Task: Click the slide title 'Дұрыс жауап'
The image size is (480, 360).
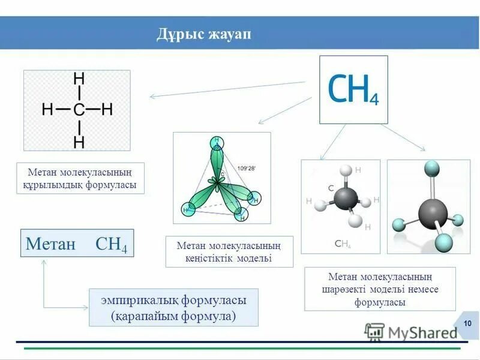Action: pos(203,33)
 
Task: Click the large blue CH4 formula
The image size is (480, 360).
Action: pos(353,89)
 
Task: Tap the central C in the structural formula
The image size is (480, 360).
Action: pos(79,110)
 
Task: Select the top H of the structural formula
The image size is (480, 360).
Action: pos(79,79)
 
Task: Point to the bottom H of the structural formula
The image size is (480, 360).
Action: pos(79,142)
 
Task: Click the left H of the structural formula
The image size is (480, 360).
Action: pos(47,110)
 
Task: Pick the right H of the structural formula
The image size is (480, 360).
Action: pos(107,110)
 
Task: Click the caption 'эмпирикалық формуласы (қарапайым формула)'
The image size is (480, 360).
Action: pos(173,307)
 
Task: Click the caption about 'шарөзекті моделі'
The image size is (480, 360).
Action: pos(380,289)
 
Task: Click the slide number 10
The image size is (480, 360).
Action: pos(467,324)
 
